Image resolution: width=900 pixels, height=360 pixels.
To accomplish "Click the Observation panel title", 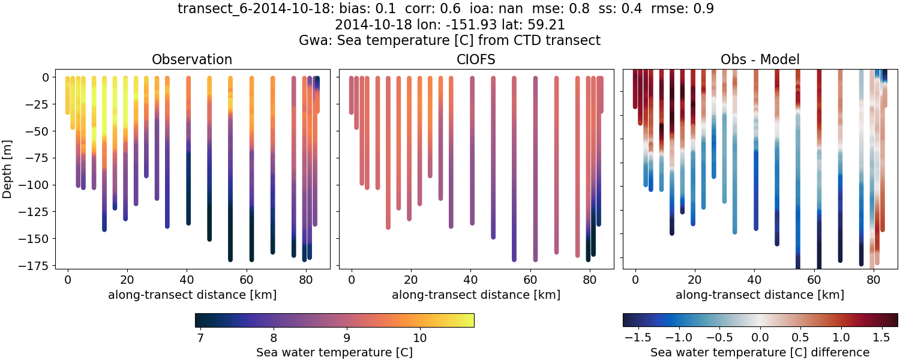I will point(192,59).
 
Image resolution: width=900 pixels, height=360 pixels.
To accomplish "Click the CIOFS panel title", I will point(476,59).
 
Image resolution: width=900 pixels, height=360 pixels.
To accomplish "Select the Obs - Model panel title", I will point(760,59).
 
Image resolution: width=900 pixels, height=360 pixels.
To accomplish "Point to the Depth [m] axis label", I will point(8,163).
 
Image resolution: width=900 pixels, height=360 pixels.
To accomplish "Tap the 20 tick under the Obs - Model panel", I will point(694,280).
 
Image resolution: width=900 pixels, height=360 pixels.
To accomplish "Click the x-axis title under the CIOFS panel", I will point(476,295).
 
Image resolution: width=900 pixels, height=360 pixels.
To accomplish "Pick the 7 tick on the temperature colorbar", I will point(200,338).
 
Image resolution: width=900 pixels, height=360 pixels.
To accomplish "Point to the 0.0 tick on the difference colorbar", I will point(760,338).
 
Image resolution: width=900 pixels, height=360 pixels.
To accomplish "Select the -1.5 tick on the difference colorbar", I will point(634,338).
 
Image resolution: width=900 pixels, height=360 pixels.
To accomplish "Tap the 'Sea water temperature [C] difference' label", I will point(760,352).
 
